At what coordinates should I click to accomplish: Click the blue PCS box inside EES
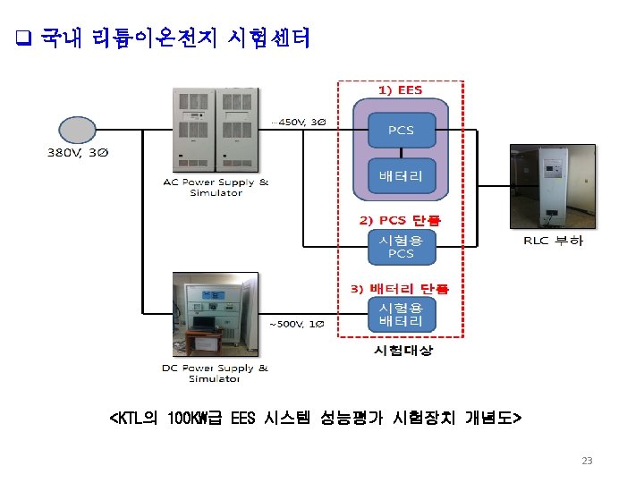(x=401, y=131)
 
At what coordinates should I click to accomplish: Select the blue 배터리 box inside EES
(x=401, y=176)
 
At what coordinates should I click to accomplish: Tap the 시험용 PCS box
(x=401, y=247)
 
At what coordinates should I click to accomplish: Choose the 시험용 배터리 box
(x=401, y=314)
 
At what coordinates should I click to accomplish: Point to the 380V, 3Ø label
(x=78, y=153)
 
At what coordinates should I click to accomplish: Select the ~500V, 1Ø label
(x=292, y=324)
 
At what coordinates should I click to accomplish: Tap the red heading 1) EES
(x=400, y=90)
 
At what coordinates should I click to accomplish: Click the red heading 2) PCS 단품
(x=400, y=220)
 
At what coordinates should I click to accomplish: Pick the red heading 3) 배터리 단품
(x=399, y=288)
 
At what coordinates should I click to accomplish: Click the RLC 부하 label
(x=553, y=241)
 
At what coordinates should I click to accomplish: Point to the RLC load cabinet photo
(x=552, y=184)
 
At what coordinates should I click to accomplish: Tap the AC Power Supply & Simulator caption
(x=216, y=188)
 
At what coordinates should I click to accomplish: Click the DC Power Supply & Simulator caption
(x=215, y=373)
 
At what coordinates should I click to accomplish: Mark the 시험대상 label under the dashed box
(x=402, y=351)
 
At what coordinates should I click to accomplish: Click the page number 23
(x=587, y=461)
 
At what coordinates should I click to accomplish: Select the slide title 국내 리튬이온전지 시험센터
(x=175, y=38)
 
